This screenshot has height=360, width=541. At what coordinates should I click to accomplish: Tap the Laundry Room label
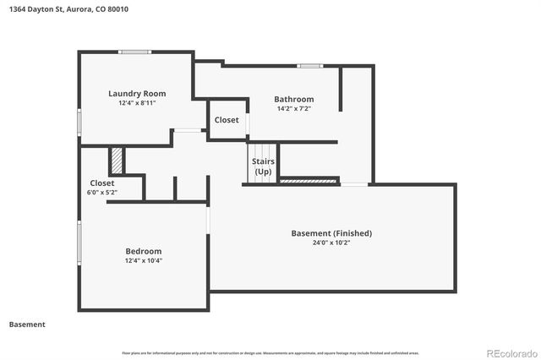(137, 94)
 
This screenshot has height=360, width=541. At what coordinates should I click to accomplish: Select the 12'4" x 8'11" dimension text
(137, 103)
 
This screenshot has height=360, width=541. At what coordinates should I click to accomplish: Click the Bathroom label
(294, 99)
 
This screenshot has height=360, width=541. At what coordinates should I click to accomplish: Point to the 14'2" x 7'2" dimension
(294, 108)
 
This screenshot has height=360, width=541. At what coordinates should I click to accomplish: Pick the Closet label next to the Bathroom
(227, 120)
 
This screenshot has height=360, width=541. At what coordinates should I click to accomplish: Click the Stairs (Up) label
(264, 166)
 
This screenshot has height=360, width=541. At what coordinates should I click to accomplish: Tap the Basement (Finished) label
(331, 233)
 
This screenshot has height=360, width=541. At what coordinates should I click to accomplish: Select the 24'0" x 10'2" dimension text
(331, 243)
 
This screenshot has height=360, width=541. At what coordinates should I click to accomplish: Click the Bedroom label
(144, 251)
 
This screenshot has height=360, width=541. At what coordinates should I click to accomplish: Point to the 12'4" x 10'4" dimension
(144, 260)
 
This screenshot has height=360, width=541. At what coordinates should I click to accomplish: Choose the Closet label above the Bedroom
(102, 183)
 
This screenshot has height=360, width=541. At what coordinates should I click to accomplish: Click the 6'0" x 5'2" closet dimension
(102, 193)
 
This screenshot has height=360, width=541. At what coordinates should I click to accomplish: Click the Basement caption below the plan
(27, 325)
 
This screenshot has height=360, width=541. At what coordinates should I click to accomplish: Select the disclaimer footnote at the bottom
(270, 352)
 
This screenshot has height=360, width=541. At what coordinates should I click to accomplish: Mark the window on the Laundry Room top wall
(134, 52)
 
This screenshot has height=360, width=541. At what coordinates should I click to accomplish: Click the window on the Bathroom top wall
(309, 65)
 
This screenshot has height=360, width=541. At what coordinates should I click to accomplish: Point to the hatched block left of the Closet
(117, 160)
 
